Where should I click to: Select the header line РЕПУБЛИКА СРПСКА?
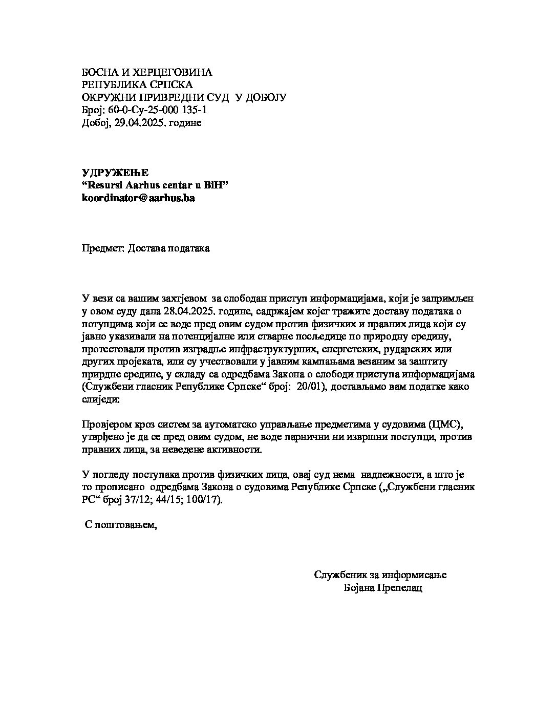pos(137,85)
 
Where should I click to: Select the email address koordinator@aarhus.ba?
pos(138,198)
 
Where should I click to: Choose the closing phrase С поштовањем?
pos(120,525)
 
